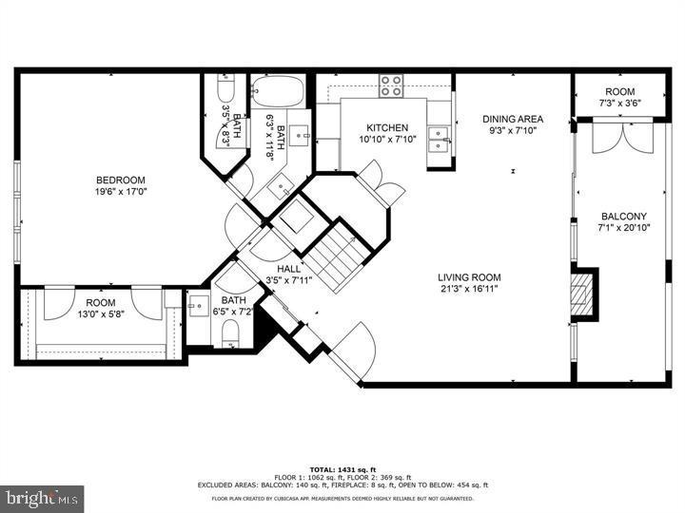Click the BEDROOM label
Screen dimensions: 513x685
(120, 180)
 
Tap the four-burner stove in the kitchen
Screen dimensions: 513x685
(392, 85)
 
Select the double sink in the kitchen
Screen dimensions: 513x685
(439, 140)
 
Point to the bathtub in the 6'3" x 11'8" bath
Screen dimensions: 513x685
(278, 93)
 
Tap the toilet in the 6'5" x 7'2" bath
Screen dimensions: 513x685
(229, 332)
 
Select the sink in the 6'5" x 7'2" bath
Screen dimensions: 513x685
(197, 306)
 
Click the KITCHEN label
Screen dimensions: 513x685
(387, 128)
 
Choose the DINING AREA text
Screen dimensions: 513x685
(512, 119)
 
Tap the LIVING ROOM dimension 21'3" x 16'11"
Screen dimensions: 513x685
(469, 290)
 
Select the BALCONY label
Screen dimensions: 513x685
(623, 216)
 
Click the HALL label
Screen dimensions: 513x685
(289, 269)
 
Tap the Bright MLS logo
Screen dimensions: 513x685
(42, 498)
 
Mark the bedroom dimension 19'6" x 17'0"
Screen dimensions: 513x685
(120, 193)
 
